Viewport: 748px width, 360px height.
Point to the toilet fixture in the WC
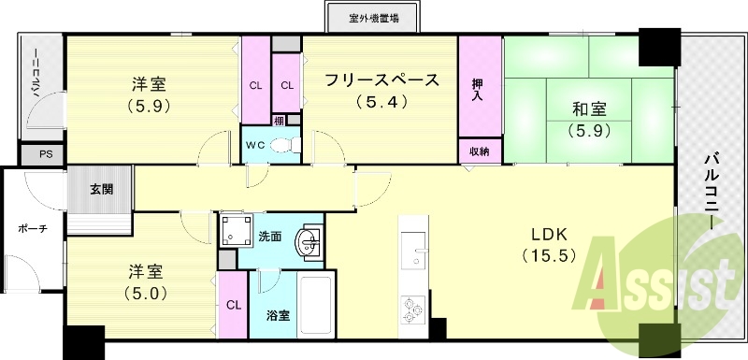coord(289,145)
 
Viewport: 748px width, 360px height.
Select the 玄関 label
coord(101,189)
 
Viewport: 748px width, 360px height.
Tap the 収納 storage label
coord(479,151)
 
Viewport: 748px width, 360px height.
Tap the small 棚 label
coord(279,119)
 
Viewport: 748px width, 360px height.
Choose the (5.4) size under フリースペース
coord(381,101)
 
